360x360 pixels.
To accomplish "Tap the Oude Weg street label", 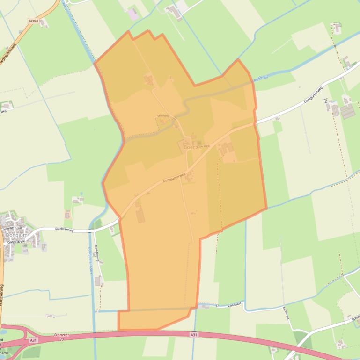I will click(x=202, y=146).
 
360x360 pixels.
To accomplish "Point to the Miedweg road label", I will click(x=163, y=115).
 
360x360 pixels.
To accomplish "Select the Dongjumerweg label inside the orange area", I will click(x=174, y=177).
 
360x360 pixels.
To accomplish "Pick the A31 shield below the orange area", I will click(x=194, y=335).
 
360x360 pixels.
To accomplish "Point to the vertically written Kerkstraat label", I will click(x=287, y=313).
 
